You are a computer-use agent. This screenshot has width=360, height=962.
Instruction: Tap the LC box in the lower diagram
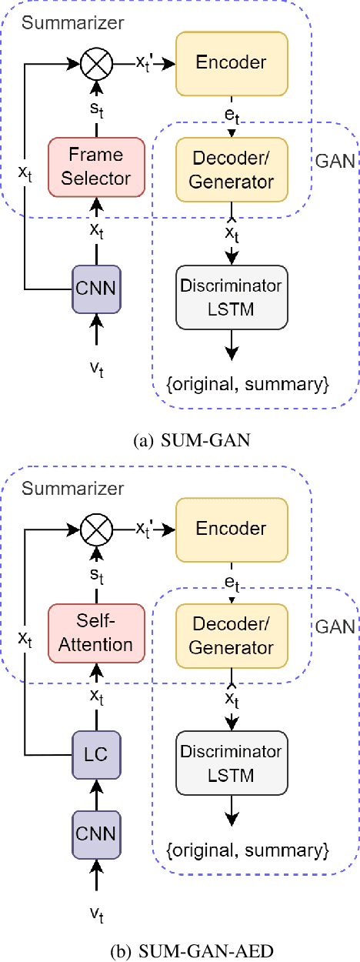coord(96,754)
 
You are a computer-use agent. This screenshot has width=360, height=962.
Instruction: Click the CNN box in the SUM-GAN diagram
coord(96,290)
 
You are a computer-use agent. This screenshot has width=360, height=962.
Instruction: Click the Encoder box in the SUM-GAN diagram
coord(232,62)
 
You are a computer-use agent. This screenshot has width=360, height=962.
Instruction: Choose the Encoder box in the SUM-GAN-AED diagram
coord(232,529)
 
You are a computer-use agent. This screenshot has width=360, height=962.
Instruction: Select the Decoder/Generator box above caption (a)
coord(232,168)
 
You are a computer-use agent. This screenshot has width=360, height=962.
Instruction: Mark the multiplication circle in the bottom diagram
coord(96,529)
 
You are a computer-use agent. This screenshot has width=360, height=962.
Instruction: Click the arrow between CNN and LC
coord(96,793)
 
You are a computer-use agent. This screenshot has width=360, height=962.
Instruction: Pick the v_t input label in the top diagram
coord(96,370)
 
